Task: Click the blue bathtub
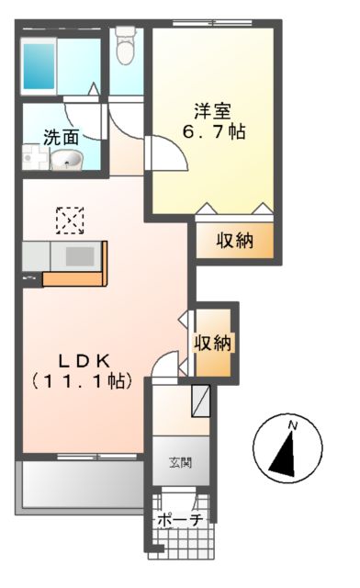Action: tap(39, 62)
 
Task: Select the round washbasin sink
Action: tap(65, 162)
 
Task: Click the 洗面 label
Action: tap(61, 138)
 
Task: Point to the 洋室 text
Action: tap(211, 112)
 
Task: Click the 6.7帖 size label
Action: tap(212, 131)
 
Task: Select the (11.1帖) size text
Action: tap(82, 379)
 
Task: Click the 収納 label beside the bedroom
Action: tap(234, 242)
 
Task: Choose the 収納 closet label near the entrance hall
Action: tap(213, 343)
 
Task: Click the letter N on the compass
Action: tap(292, 424)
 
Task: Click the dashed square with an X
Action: tap(70, 220)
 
